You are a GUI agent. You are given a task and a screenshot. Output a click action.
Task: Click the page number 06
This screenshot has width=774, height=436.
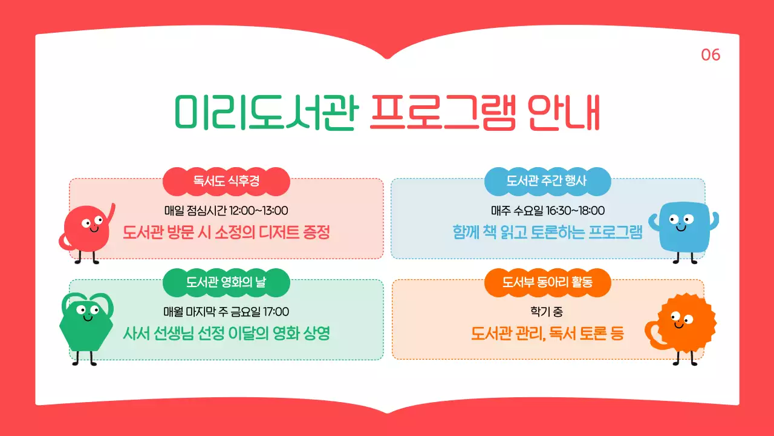pyautogui.click(x=711, y=55)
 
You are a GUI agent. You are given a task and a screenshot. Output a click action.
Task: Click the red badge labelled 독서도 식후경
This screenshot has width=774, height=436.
pyautogui.click(x=226, y=181)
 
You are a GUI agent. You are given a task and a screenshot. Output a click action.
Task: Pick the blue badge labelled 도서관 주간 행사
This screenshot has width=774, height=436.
pyautogui.click(x=547, y=181)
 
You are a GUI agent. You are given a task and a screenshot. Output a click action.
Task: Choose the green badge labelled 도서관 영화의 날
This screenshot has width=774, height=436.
pyautogui.click(x=226, y=282)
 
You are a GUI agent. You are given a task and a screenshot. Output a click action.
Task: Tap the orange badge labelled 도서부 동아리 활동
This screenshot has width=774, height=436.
pyautogui.click(x=547, y=282)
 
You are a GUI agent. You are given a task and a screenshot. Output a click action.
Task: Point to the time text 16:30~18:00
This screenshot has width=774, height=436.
pyautogui.click(x=574, y=211)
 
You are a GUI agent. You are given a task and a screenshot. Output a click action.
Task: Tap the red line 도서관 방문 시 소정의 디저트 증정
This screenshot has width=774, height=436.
pyautogui.click(x=226, y=232)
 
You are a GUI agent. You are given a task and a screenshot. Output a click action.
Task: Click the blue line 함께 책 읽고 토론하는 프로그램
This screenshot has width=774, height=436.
pyautogui.click(x=547, y=232)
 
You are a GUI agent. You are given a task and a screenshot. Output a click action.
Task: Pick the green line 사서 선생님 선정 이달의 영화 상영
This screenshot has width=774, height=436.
pyautogui.click(x=226, y=333)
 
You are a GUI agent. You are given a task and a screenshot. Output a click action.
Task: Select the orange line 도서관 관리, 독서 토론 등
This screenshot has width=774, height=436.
pyautogui.click(x=547, y=333)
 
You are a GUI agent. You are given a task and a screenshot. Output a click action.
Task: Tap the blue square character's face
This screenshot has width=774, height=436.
pyautogui.click(x=680, y=222)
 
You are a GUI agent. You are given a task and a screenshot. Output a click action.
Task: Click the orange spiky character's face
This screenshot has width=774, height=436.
pyautogui.click(x=680, y=321)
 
